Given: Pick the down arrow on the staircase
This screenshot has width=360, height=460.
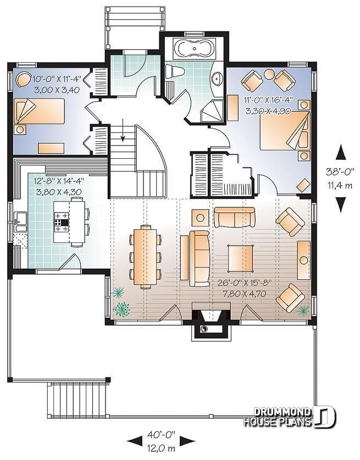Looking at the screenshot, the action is tap(123, 129).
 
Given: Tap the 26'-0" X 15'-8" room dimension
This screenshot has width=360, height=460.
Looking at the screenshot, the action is tap(245, 283).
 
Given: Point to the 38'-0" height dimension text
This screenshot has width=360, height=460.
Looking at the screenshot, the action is tap(340, 170).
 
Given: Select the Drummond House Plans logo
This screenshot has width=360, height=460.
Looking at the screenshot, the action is tap(290, 417).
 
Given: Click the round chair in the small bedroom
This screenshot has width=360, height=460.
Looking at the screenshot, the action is tap(23, 79).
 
